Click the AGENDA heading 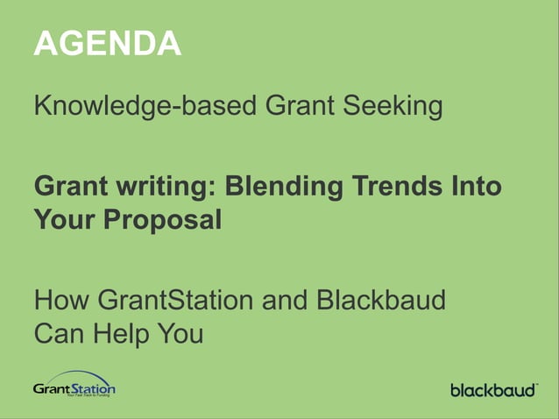click(107, 43)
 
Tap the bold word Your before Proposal click(65, 219)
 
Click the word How click(62, 301)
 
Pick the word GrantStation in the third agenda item click(173, 301)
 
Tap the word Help click(126, 334)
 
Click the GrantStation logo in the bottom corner click(74, 385)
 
